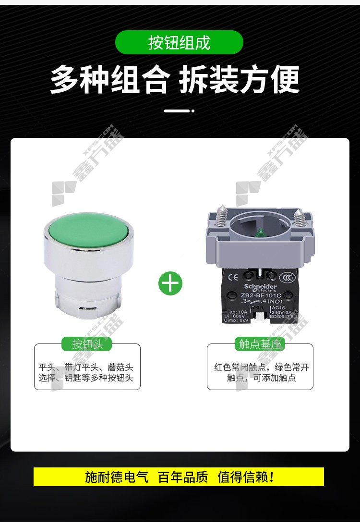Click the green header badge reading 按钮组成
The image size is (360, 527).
(x=179, y=43)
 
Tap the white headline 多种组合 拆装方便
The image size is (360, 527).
(x=175, y=79)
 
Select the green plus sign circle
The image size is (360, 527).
(x=170, y=283)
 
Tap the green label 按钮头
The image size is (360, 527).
(x=87, y=344)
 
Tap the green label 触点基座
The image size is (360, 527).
(x=260, y=344)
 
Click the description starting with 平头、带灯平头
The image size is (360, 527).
(x=87, y=372)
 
